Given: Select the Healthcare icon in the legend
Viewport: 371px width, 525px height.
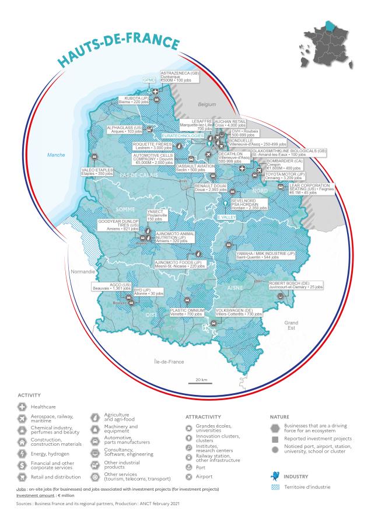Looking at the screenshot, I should (23, 406).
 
